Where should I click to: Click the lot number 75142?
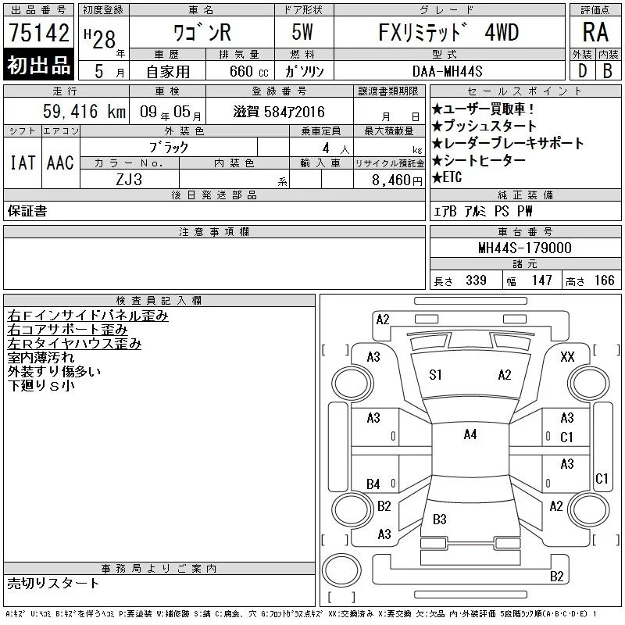[38, 33]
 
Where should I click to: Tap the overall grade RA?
[595, 32]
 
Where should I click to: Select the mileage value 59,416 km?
[84, 111]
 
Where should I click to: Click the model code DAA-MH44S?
[447, 71]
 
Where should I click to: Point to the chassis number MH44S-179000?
[525, 248]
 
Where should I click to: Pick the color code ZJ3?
[129, 180]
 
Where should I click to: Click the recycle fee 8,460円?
[397, 180]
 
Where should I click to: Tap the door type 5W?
[302, 32]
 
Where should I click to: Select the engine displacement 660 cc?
[248, 71]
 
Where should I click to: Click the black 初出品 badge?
[38, 64]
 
